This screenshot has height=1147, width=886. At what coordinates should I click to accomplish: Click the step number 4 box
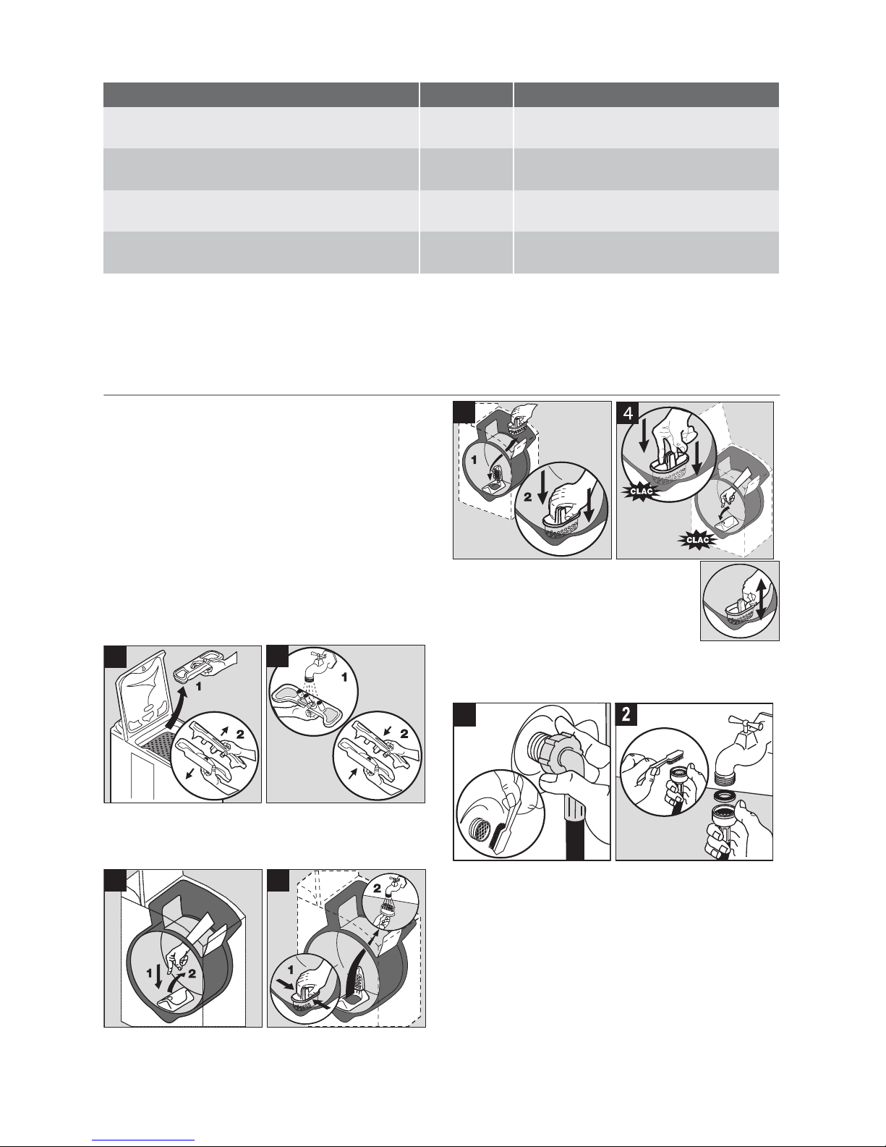(628, 413)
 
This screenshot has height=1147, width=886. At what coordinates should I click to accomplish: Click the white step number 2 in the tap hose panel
(626, 715)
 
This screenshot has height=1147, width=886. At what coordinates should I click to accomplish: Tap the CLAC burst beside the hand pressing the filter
(642, 491)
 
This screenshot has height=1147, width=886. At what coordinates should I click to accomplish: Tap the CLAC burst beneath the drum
(698, 540)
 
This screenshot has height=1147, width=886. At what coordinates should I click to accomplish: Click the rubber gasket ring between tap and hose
(725, 796)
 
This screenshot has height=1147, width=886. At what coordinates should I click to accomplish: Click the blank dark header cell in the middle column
(467, 95)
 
